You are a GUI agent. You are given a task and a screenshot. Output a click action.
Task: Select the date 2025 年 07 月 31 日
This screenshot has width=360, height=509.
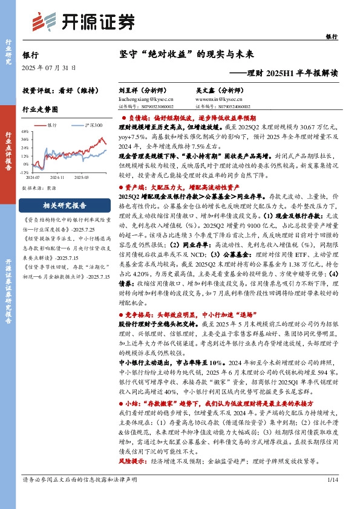coord(48,67)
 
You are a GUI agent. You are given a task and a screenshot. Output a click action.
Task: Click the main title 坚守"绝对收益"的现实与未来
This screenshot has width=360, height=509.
coord(185,54)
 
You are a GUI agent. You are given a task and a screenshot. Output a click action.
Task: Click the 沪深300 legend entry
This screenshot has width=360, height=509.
coord(94,125)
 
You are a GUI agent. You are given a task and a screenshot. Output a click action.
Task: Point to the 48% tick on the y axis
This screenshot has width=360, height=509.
coord(26,131)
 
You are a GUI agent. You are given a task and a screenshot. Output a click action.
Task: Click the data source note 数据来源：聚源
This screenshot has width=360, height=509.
coord(42,189)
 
